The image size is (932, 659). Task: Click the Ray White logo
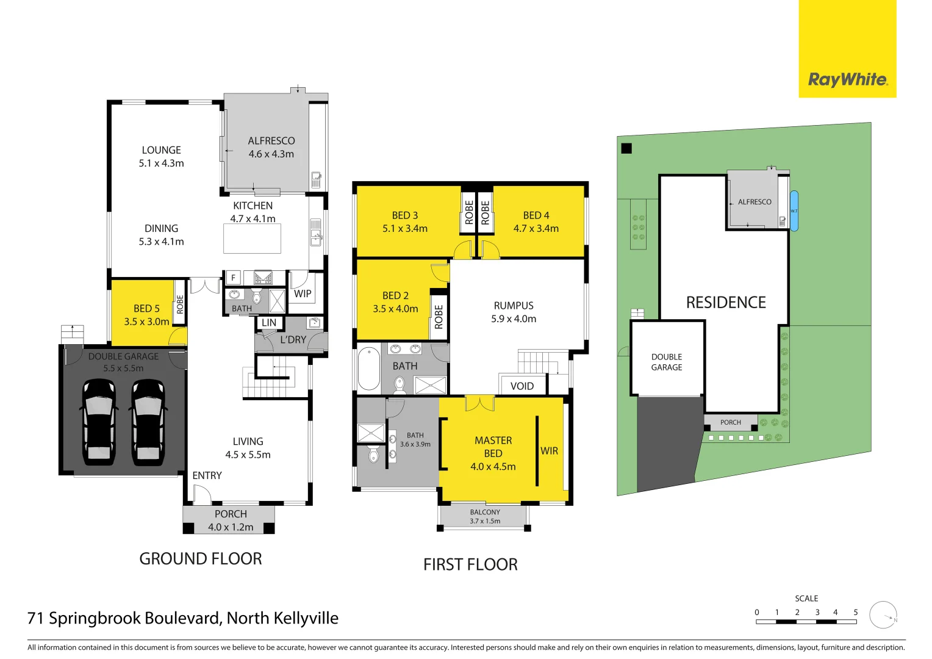[847, 79]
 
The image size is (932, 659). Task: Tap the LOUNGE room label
[161, 150]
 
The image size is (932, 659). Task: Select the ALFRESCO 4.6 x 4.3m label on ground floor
[271, 147]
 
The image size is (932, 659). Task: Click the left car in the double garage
[98, 421]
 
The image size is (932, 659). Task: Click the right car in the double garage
[148, 421]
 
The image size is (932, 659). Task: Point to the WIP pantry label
[303, 293]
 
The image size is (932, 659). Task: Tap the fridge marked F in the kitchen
[233, 278]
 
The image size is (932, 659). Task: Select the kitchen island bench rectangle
[252, 239]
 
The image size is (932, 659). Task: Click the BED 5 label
[146, 309]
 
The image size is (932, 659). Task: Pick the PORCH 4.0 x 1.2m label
[231, 520]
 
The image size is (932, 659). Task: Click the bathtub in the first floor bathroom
[368, 368]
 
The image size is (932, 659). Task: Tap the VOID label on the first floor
[522, 386]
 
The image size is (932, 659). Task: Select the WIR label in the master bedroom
[549, 451]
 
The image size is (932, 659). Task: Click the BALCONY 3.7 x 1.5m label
[485, 516]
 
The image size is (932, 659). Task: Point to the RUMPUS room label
[514, 306]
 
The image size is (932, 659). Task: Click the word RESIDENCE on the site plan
[726, 303]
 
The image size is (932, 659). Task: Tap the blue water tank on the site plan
[794, 211]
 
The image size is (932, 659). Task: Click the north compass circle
[883, 614]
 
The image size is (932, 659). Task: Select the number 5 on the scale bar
[855, 612]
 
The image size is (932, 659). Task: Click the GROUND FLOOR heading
[201, 558]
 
